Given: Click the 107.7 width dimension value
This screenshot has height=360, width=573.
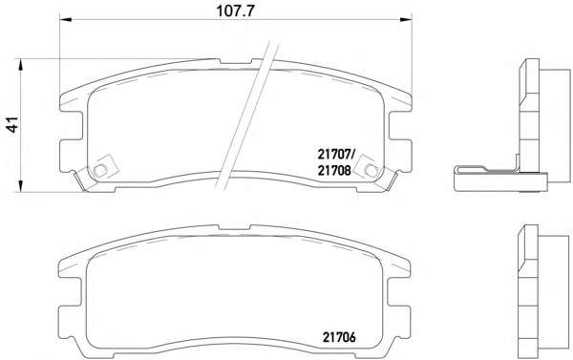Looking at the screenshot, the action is pyautogui.click(x=235, y=11).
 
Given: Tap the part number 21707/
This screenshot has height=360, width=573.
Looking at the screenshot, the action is pyautogui.click(x=336, y=155).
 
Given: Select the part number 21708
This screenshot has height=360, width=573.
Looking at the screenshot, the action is pyautogui.click(x=334, y=170).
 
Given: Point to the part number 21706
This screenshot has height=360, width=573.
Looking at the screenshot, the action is pyautogui.click(x=339, y=337).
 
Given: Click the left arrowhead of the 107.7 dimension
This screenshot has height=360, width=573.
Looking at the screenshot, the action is pyautogui.click(x=65, y=19).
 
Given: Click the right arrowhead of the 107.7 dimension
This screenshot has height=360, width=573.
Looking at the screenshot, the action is pyautogui.click(x=406, y=19).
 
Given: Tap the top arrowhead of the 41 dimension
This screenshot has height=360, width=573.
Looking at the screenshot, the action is pyautogui.click(x=21, y=64).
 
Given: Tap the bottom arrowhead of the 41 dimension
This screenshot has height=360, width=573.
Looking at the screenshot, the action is pyautogui.click(x=21, y=185).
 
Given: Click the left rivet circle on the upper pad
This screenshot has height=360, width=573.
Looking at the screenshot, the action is pyautogui.click(x=99, y=170).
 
